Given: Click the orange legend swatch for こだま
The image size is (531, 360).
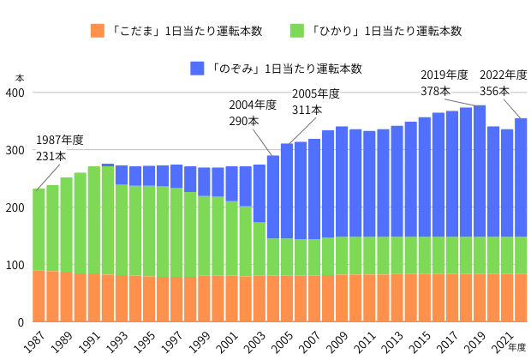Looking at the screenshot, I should [97, 31].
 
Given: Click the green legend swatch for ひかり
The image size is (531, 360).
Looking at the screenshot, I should [297, 31].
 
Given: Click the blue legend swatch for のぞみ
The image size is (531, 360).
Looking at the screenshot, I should [197, 68].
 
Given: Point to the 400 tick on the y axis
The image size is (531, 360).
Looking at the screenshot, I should [16, 93].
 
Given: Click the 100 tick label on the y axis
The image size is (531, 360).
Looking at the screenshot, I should [16, 265].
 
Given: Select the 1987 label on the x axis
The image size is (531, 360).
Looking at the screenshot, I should [33, 339].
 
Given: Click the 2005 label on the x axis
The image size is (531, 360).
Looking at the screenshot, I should [282, 339].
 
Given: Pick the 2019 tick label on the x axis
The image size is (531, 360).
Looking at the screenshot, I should [474, 339].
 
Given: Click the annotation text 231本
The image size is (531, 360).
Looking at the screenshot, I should [50, 156].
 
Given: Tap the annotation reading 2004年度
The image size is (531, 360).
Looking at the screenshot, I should [253, 105].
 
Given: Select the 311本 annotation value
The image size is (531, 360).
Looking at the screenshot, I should [307, 110].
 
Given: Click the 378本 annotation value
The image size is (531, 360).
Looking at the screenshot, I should [435, 91].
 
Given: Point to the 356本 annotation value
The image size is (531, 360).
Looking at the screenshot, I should [493, 91].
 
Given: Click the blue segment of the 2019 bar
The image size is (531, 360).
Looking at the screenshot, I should [480, 171].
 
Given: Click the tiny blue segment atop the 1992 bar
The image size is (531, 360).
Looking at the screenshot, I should [108, 165].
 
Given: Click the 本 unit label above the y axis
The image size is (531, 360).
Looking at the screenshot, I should [20, 78].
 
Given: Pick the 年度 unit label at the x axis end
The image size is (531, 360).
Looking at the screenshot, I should [517, 347].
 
